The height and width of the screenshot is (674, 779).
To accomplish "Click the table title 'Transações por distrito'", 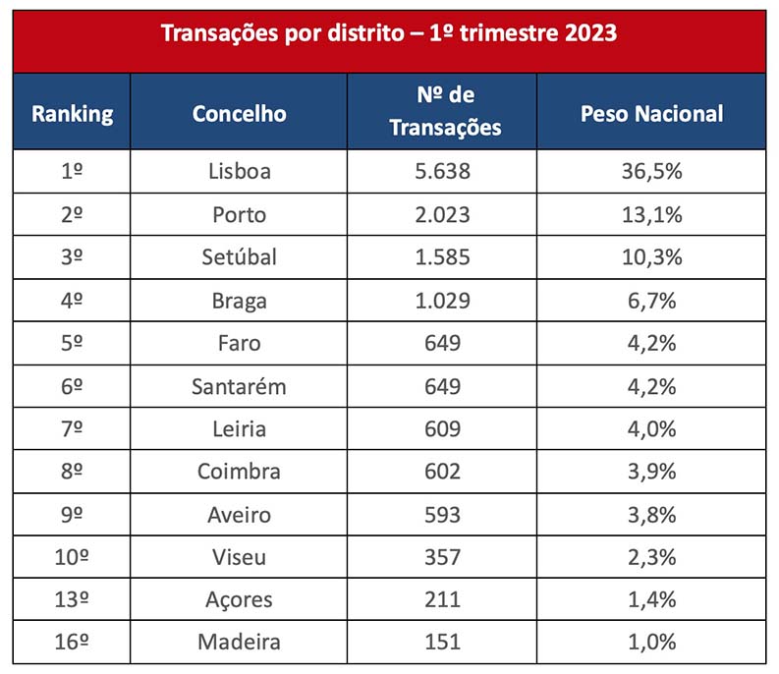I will tap(389, 33).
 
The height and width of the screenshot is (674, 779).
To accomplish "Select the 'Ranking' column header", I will tap(72, 113).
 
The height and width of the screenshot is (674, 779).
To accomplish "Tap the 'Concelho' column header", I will tap(239, 113).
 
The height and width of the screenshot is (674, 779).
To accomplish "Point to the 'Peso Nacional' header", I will tap(651, 113).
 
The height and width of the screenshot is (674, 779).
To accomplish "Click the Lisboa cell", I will tap(239, 171).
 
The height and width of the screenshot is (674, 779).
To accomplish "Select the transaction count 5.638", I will tap(441, 171).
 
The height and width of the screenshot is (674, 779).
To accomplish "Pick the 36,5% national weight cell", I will tap(651, 171).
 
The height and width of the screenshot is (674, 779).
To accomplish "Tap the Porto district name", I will tap(239, 214).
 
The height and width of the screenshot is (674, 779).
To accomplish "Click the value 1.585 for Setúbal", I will tap(441, 256).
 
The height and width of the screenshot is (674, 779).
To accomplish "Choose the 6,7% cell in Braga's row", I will tap(651, 300).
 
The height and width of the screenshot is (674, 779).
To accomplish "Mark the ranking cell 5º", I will tap(72, 343).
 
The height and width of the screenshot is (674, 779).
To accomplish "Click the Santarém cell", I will tap(239, 386).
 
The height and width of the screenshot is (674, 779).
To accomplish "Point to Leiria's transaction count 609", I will tap(441, 428).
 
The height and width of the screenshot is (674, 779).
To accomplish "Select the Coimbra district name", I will tap(239, 472).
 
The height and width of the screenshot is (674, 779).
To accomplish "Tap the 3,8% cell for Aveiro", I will tap(651, 514).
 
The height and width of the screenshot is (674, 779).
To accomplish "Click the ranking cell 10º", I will tap(72, 557).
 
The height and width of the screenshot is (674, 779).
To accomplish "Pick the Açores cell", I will tap(239, 599).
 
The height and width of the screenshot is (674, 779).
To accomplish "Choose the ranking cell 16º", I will tap(72, 643).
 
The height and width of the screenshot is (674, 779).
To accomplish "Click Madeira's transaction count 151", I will tap(441, 643).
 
